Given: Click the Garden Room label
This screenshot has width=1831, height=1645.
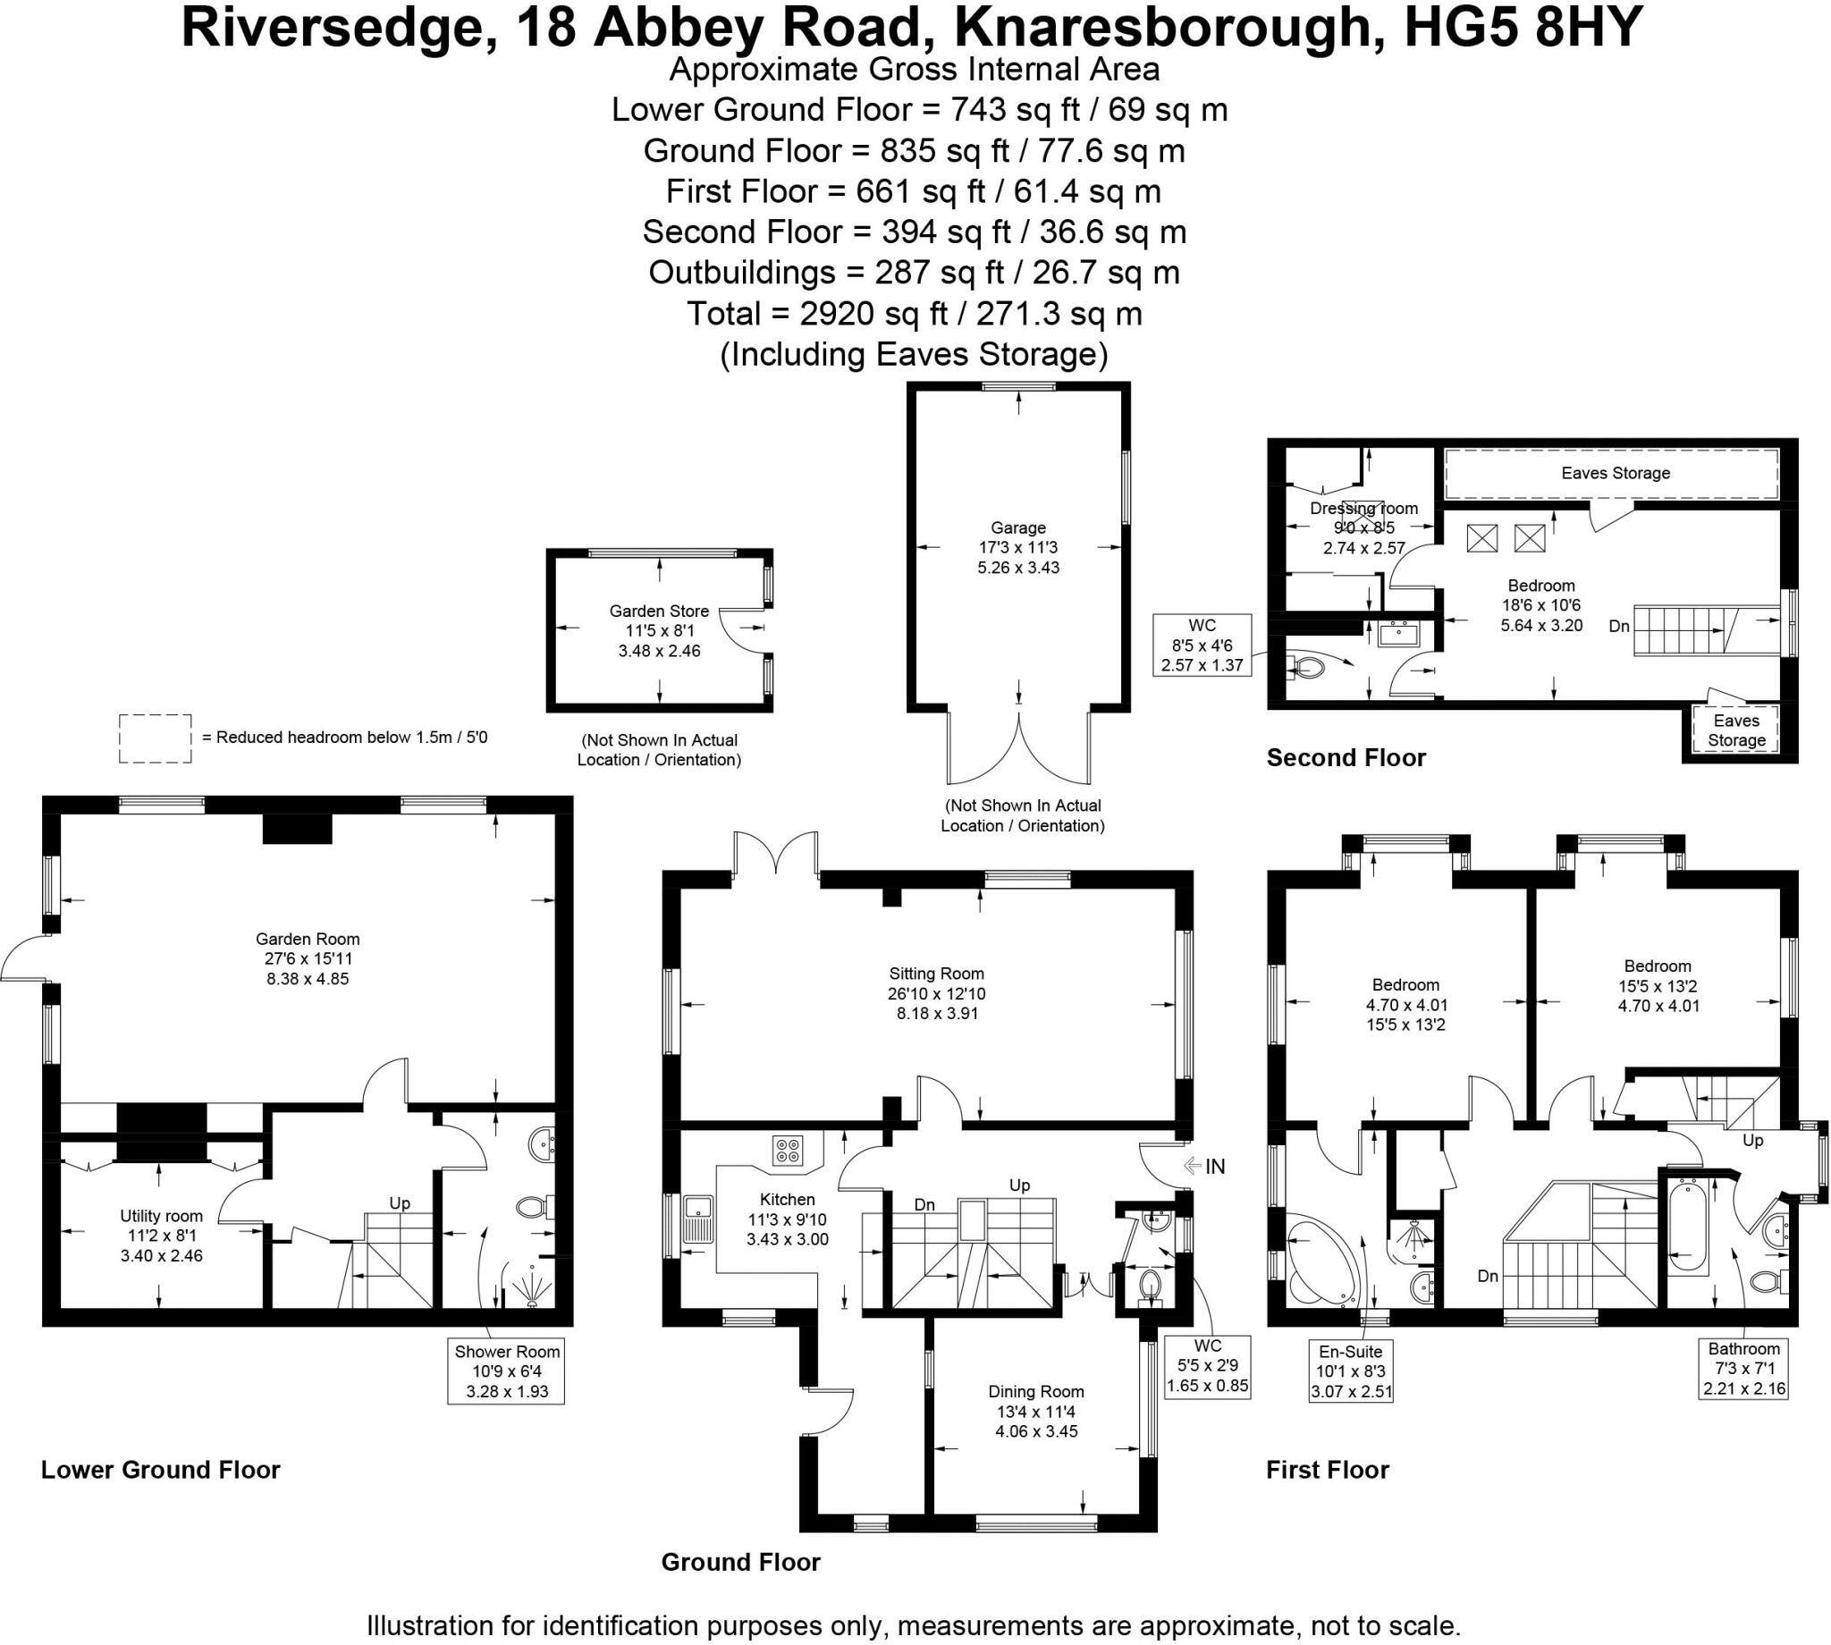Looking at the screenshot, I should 308,939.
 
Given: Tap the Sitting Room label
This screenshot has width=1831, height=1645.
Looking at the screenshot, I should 936,974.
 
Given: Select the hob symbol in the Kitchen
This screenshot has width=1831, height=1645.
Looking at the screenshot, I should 787,1151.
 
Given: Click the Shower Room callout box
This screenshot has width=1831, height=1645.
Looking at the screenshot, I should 506,1371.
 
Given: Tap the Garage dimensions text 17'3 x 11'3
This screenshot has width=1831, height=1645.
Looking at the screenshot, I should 1017,548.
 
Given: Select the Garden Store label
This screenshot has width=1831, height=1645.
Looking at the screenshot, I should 659,611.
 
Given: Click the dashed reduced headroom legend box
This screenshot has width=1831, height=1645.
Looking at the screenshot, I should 156,738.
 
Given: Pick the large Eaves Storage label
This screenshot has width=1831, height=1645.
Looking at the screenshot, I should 1615,473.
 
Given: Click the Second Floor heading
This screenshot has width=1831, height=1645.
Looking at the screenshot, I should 1346,757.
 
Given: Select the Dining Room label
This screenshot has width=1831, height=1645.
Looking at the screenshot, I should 1035,1392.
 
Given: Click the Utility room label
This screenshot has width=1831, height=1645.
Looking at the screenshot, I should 162,1216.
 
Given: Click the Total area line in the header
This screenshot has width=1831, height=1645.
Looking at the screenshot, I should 915,314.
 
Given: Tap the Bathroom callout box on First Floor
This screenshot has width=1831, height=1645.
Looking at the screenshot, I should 1743,1369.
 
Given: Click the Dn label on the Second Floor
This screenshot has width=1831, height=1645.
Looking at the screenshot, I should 1619,626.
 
